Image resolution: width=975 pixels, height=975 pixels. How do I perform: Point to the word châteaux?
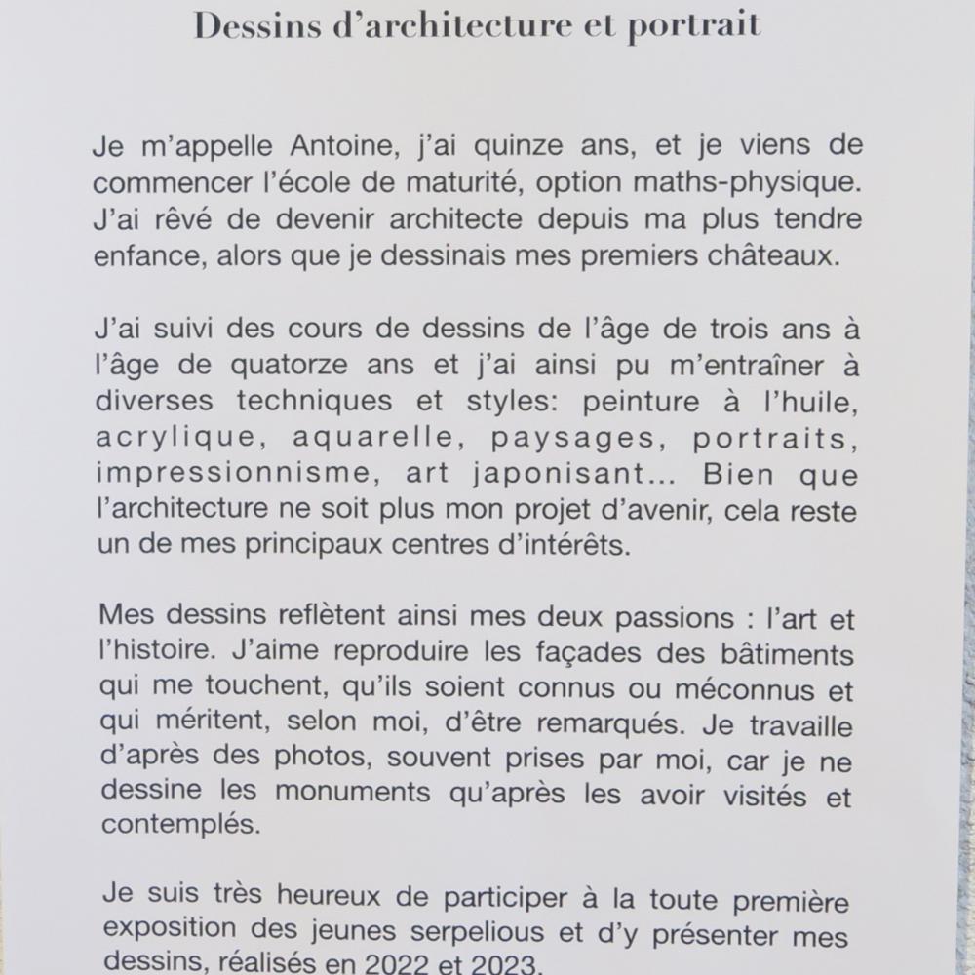point(791,255)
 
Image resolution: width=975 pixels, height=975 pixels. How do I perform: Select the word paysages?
point(572,439)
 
